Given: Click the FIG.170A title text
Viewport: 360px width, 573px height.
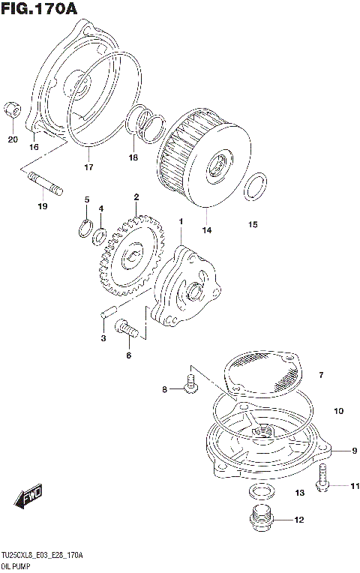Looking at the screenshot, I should (x=40, y=9).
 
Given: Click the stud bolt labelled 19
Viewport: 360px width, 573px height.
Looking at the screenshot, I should (x=46, y=183).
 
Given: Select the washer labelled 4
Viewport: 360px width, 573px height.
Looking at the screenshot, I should (x=99, y=236).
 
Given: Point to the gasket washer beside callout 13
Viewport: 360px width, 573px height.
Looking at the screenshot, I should (x=261, y=492).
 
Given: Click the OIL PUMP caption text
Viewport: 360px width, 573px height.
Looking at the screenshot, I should (x=16, y=565).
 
